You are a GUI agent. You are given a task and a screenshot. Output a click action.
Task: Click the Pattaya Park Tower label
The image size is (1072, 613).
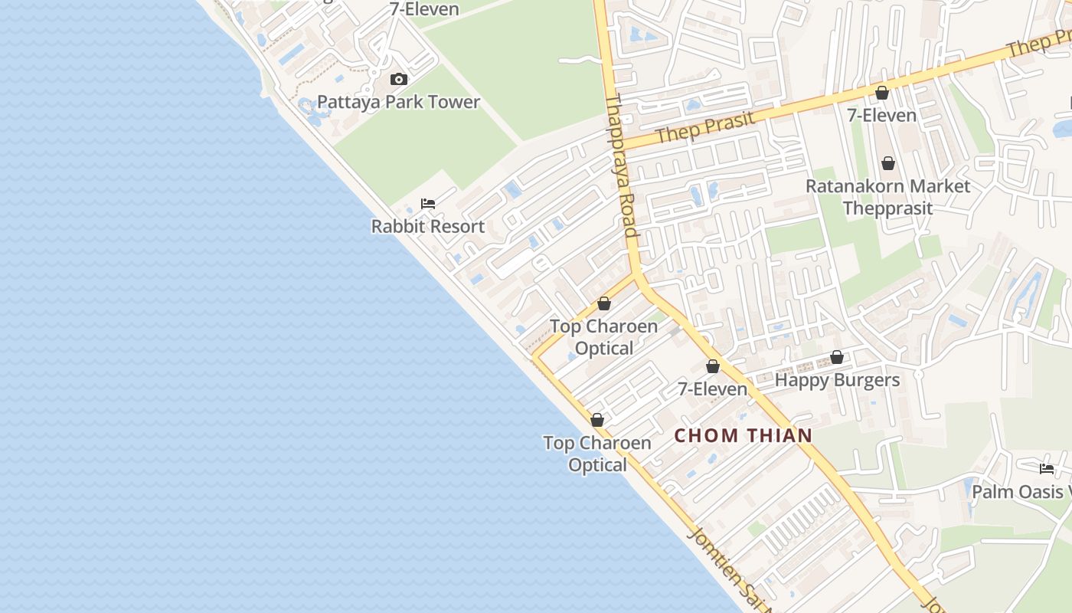pos(398,102)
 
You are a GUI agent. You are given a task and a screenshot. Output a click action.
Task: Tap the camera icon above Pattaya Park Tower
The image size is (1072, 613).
pos(398,80)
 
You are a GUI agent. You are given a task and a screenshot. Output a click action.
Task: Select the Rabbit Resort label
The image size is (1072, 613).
pos(428,227)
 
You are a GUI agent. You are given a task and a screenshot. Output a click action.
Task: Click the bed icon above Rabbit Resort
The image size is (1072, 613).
pos(428,204)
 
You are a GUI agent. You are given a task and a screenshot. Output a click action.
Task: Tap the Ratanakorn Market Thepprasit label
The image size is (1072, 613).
pos(887,197)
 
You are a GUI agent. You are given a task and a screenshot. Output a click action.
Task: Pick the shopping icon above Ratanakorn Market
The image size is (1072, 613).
pos(888,163)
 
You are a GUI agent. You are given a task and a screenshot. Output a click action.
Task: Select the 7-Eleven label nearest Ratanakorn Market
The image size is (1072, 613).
pos(881,116)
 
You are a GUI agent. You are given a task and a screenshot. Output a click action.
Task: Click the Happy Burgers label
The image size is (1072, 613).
pos(837,380)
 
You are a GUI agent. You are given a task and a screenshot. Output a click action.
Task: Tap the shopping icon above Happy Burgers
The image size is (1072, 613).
pos(837,358)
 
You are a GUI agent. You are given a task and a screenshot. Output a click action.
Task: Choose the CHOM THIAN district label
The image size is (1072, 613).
pos(743,436)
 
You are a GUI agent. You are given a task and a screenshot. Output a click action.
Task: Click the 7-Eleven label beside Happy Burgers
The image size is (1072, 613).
pos(712,389)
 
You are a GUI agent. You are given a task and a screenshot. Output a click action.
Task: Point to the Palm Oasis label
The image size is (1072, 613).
pos(1018,492)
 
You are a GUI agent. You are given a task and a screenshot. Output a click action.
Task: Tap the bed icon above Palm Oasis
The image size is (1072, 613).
pos(1047,469)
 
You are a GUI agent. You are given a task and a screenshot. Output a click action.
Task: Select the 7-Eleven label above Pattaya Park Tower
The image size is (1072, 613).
pos(424,10)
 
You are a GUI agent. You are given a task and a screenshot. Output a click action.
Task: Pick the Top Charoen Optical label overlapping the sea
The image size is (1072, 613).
pos(597,454)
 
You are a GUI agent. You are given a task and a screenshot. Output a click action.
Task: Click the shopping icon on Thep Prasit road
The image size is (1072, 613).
pos(882,93)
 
